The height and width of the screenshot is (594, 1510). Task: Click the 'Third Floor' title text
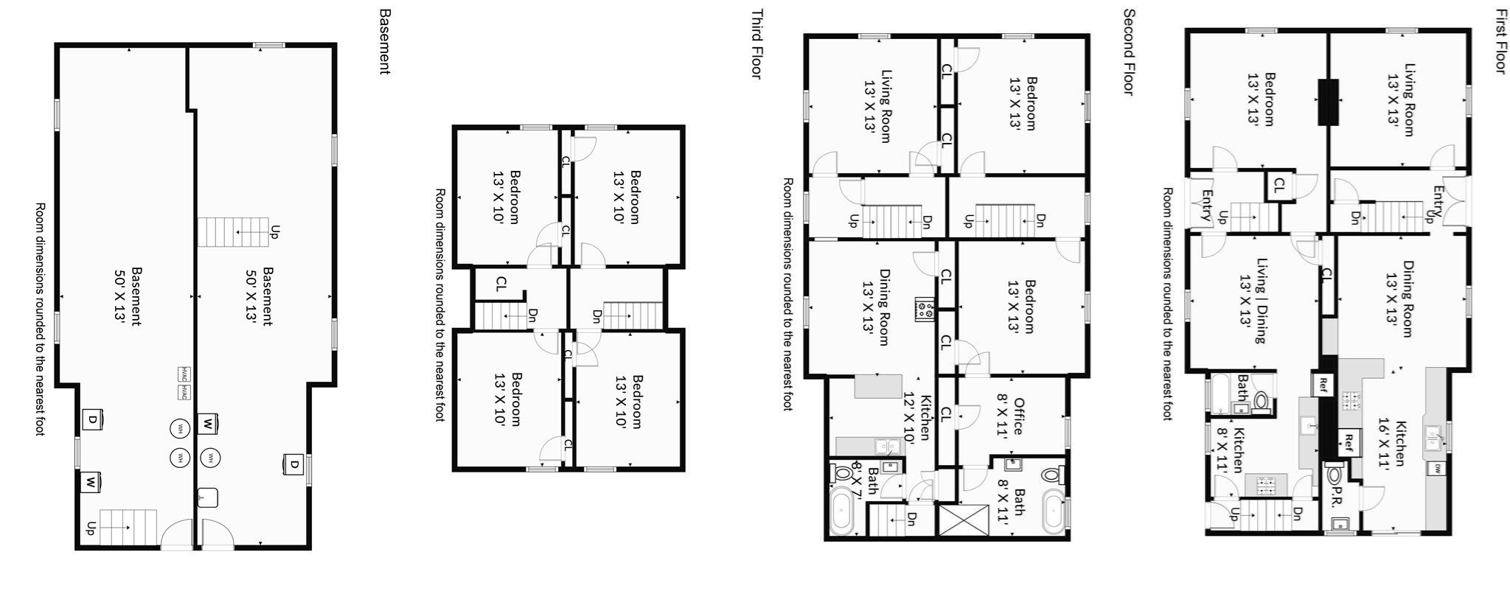756,43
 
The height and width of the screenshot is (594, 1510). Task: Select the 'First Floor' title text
1500,41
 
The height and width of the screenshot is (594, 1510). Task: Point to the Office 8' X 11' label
1012,418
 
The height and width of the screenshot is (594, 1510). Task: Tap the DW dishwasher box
1438,468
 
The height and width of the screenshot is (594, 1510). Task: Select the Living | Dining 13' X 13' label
1253,300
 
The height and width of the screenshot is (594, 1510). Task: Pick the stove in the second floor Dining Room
925,309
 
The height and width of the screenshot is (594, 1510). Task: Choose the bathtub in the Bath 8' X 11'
1052,511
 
